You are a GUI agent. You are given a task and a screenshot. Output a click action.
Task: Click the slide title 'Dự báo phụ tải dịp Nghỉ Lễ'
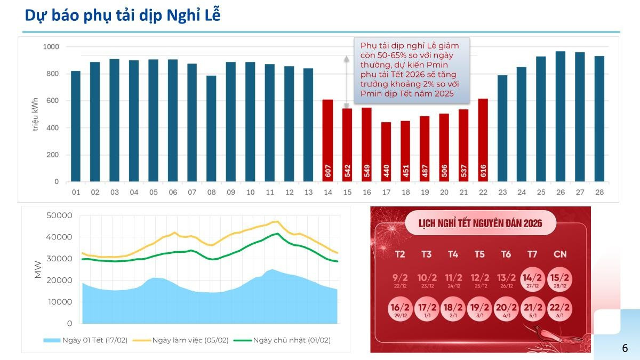123,15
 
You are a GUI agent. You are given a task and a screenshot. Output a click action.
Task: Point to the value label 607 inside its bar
328,171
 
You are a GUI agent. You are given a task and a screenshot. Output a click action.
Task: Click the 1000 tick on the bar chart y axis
51,47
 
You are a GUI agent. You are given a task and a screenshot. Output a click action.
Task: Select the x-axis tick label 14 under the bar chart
327,192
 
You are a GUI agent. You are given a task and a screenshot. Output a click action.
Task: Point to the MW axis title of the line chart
38,269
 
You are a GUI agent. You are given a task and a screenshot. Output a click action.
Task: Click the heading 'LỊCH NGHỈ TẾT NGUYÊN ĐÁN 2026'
481,223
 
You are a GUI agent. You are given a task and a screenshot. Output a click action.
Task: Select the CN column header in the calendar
560,254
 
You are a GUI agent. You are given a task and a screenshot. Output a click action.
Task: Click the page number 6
625,348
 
